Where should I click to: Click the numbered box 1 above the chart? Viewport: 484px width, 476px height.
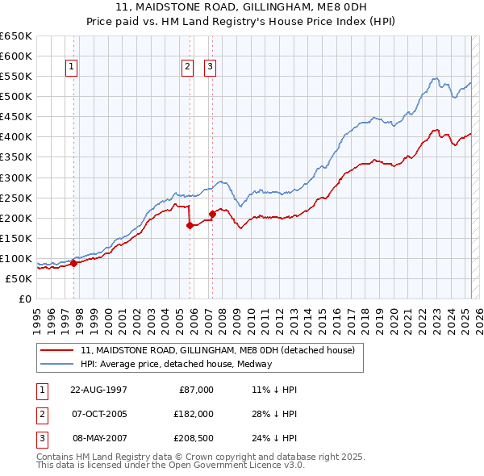[x=72, y=68]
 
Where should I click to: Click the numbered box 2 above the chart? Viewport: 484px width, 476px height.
[x=187, y=68]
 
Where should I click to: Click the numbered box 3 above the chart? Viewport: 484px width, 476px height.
[x=210, y=68]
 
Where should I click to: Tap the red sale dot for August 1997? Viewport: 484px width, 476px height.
[x=73, y=262]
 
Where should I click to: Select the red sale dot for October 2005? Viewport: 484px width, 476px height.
[x=190, y=225]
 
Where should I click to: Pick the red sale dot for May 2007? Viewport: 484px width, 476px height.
[x=212, y=214]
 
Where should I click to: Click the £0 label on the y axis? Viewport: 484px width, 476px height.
[x=26, y=299]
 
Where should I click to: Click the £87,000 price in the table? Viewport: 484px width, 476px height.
[x=196, y=390]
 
